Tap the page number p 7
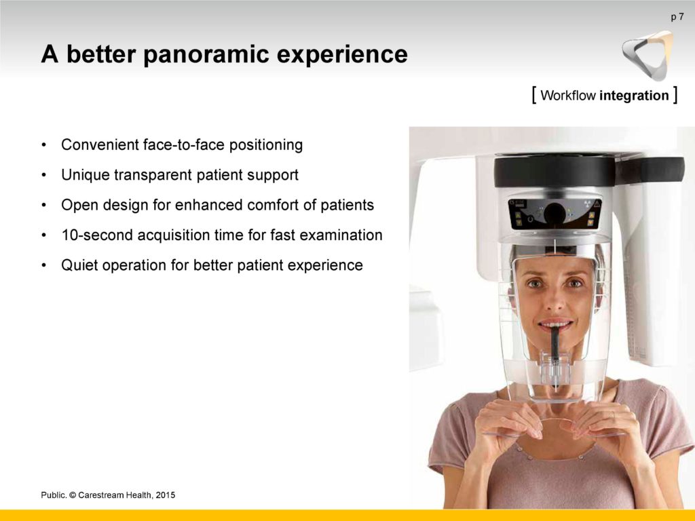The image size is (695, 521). (677, 18)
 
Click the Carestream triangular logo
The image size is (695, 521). (647, 56)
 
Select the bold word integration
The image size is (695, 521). (634, 95)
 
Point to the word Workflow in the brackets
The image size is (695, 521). (568, 95)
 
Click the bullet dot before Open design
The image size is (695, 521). (43, 206)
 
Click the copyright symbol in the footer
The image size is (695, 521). (73, 495)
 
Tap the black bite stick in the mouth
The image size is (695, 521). (555, 351)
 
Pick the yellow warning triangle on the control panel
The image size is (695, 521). (597, 204)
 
